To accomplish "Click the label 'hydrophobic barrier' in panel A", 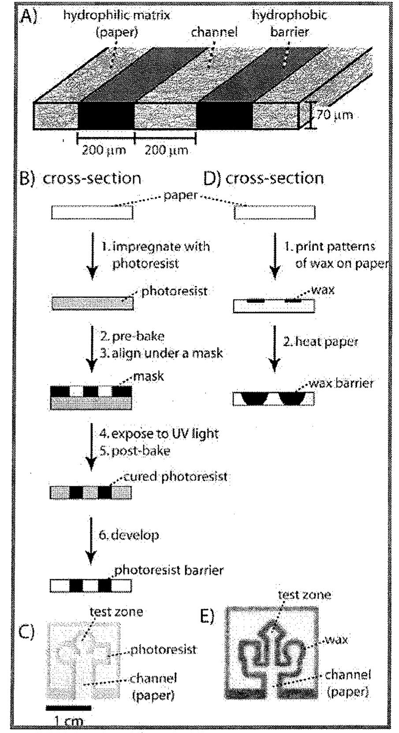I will pyautogui.click(x=289, y=23).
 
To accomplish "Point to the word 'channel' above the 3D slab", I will pyautogui.click(x=214, y=32).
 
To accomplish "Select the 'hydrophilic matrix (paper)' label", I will pyautogui.click(x=116, y=23).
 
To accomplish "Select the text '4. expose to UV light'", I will pyautogui.click(x=159, y=433).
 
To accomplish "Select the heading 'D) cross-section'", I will pyautogui.click(x=264, y=178).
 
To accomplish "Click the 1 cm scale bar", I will pyautogui.click(x=68, y=708).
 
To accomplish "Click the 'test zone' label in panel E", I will pyautogui.click(x=304, y=595).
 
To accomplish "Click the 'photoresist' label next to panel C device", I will pyautogui.click(x=164, y=649).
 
